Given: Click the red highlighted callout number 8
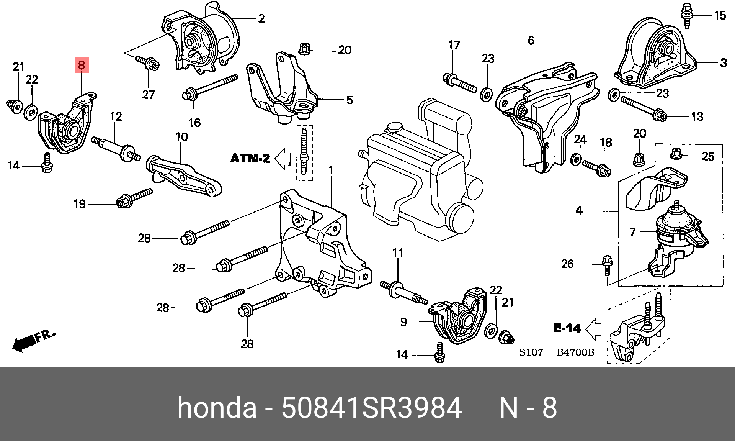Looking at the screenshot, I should (82, 65).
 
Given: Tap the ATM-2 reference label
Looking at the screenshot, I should (250, 158).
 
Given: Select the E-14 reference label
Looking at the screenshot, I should (567, 328).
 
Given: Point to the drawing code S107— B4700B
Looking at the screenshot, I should (557, 352).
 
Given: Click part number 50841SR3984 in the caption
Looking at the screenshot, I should (371, 408).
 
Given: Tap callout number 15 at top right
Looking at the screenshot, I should (720, 15).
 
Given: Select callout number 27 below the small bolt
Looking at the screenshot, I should (148, 94).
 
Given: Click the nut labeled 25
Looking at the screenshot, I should (676, 154).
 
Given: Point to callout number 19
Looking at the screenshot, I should (80, 204).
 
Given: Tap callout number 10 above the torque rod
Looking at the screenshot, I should (182, 137).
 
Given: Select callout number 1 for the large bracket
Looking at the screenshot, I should (331, 170).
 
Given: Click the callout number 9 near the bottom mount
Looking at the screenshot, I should (403, 322).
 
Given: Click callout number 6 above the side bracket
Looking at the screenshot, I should (531, 41).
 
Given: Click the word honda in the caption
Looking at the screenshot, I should (217, 408).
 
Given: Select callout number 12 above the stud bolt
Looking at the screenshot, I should (116, 116).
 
